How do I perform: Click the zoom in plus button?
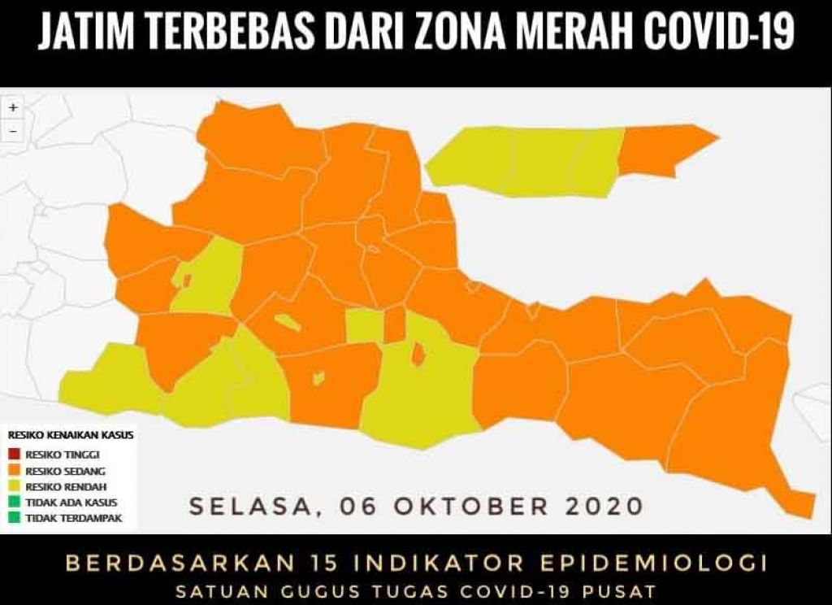point(13,107)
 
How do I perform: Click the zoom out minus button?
point(13,130)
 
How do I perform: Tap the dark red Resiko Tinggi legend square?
point(15,454)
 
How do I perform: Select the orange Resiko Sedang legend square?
point(15,470)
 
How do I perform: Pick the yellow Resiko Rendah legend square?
point(15,486)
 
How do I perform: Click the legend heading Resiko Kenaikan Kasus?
point(71,435)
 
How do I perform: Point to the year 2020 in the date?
point(603,506)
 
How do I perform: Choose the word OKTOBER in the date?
point(472,506)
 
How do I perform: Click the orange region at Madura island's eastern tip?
point(662,150)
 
